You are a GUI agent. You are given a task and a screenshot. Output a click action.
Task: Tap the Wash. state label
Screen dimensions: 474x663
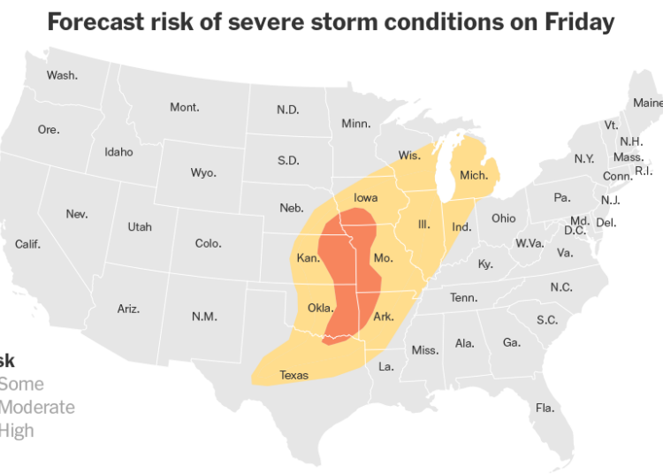[x=62, y=75]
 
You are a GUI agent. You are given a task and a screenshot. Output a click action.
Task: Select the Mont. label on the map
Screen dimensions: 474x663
[x=185, y=107]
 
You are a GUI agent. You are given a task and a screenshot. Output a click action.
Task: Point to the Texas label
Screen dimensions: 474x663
[x=294, y=375]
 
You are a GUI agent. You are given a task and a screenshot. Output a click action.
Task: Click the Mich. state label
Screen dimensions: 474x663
[x=474, y=175]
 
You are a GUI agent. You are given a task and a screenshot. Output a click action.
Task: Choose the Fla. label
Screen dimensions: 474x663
[x=545, y=408]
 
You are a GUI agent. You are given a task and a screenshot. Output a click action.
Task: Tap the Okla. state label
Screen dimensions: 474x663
[x=320, y=308]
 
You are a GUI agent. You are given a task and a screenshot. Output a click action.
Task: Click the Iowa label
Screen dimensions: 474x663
[x=366, y=197]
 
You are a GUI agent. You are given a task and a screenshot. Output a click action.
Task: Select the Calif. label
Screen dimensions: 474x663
[x=27, y=243]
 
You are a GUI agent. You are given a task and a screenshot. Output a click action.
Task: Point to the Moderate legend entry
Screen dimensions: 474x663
[x=37, y=408]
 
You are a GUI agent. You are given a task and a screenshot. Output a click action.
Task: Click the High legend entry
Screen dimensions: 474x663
[x=17, y=431]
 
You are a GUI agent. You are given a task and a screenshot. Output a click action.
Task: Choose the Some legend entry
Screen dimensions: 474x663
[x=21, y=385]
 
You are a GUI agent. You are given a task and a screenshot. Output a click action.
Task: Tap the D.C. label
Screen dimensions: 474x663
[x=575, y=231]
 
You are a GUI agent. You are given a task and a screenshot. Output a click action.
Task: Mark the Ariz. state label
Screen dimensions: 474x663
[x=128, y=309]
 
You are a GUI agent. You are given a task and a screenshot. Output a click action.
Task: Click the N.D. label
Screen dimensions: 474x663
[x=287, y=110]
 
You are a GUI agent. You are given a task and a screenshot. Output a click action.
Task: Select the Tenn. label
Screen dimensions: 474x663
[x=463, y=297]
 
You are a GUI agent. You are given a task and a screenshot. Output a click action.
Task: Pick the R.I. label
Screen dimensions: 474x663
[x=644, y=171]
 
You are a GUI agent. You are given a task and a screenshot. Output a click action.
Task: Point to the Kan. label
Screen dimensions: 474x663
[x=308, y=258]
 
